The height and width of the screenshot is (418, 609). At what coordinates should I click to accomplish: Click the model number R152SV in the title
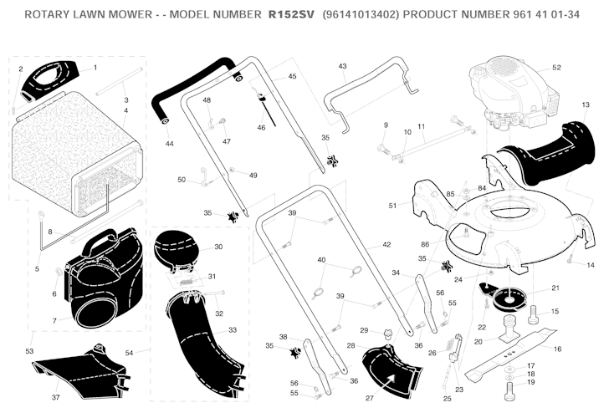pyautogui.click(x=291, y=15)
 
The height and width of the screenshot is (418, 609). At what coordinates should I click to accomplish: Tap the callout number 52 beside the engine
pyautogui.click(x=556, y=68)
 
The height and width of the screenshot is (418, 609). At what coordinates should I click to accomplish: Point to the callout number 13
pyautogui.click(x=586, y=104)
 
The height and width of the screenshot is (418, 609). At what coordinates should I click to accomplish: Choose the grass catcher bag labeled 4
pyautogui.click(x=77, y=153)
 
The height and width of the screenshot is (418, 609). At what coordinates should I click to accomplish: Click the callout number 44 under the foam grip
pyautogui.click(x=169, y=144)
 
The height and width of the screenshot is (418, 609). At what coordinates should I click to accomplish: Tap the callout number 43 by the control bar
pyautogui.click(x=342, y=66)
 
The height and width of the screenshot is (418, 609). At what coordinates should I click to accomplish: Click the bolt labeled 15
pyautogui.click(x=533, y=314)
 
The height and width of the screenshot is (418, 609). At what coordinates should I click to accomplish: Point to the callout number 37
pyautogui.click(x=55, y=397)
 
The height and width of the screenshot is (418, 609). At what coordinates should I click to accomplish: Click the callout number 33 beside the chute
pyautogui.click(x=233, y=330)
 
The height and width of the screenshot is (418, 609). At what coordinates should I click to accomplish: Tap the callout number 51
pyautogui.click(x=392, y=206)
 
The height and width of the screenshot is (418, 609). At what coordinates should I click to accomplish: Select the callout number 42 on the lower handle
pyautogui.click(x=386, y=244)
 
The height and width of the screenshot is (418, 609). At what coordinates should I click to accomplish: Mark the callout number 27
pyautogui.click(x=370, y=398)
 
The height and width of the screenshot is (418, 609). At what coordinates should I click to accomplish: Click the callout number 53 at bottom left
pyautogui.click(x=29, y=351)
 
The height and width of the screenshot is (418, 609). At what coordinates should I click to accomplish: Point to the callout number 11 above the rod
pyautogui.click(x=422, y=126)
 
